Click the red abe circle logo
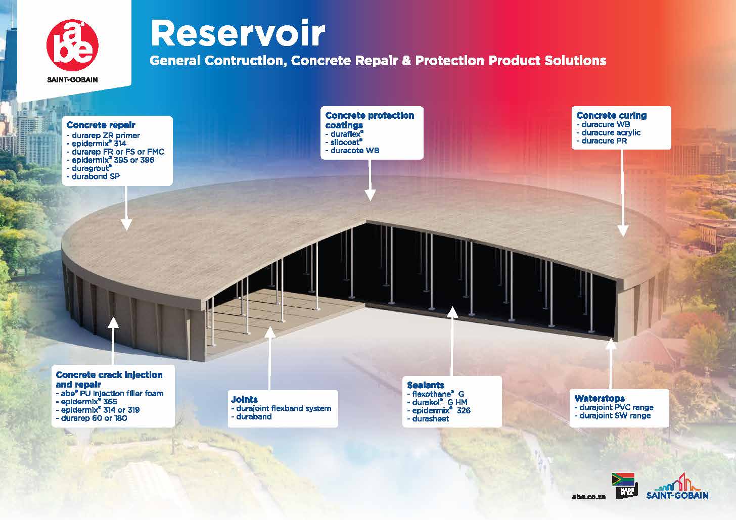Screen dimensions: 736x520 point(73,45)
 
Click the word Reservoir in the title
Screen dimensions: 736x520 point(238,33)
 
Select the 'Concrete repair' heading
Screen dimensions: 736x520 point(101,125)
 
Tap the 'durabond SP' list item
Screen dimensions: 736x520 point(93,176)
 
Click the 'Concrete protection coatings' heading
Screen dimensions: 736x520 point(370,120)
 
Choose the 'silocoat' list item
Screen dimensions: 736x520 point(344,142)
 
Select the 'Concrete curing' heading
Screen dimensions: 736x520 point(612,115)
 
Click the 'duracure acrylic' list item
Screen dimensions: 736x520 point(609,132)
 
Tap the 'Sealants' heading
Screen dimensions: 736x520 point(426,385)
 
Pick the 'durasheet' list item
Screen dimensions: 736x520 point(428,419)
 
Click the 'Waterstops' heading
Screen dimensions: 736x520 point(600,398)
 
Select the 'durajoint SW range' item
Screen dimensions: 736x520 point(613,415)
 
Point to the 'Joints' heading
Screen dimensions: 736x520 point(244,399)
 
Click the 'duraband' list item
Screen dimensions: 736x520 point(252,416)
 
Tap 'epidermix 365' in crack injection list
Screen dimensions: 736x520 point(87,401)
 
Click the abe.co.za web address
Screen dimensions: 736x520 point(589,497)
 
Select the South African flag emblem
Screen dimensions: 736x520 point(623,480)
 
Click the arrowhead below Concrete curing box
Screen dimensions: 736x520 point(623,231)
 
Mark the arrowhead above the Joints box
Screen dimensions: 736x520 point(270,332)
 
